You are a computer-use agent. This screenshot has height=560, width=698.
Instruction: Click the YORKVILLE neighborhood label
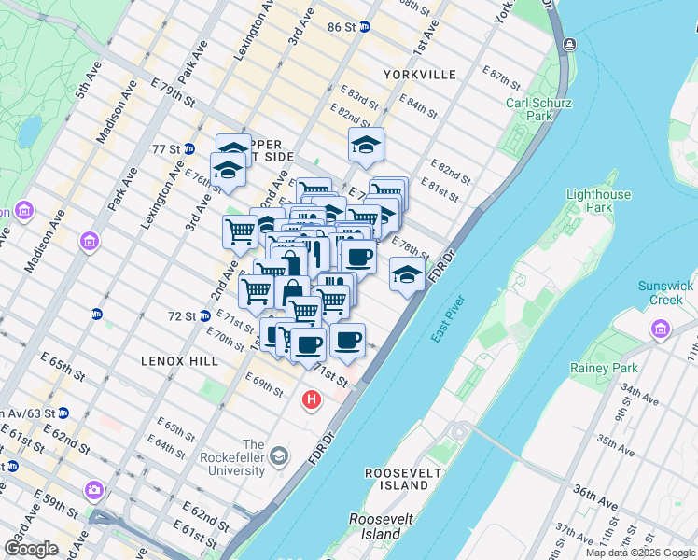point(419,74)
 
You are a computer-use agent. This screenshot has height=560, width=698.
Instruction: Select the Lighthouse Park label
point(598,202)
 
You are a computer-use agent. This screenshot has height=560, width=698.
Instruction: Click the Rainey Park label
point(604,368)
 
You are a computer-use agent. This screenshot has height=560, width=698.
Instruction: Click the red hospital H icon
point(312,400)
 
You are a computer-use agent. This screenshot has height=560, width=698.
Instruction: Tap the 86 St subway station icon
point(365,28)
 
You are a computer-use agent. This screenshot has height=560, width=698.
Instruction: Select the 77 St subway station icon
point(188,148)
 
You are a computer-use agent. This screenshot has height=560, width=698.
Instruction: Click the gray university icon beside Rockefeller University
point(278,455)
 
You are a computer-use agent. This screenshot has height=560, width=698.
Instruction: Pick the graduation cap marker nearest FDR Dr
point(406,273)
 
